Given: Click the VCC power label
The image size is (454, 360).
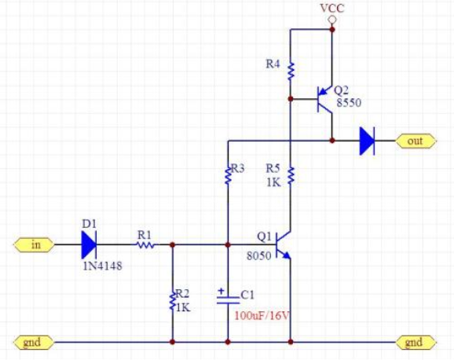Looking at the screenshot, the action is [332, 8].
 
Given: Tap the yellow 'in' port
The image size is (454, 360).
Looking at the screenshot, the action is [34, 245].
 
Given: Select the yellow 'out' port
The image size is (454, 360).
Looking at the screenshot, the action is [416, 141].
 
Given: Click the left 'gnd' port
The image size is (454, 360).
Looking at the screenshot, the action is [34, 343].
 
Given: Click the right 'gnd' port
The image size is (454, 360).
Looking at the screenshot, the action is [416, 343].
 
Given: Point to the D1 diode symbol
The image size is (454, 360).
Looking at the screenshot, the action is [89, 245].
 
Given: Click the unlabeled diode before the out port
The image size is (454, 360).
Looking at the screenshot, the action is [367, 141].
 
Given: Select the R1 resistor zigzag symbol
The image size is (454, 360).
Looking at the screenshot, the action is [145, 245].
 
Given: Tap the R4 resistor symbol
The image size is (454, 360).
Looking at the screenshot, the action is [291, 71].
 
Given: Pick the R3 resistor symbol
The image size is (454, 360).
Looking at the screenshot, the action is [228, 174].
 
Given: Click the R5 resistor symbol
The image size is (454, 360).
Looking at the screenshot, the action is [291, 175].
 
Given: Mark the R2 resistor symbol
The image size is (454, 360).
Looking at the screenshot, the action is [173, 301].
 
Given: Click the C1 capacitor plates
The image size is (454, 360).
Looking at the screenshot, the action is [228, 300].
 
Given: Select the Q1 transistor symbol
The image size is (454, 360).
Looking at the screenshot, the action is [283, 245].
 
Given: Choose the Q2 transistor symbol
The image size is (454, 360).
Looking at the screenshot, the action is [325, 99].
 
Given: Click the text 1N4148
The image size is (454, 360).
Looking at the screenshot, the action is [103, 266].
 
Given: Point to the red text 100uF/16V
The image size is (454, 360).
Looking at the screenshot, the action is [262, 316].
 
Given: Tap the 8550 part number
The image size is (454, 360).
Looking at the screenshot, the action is [349, 103].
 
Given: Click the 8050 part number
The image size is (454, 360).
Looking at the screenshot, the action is [259, 255].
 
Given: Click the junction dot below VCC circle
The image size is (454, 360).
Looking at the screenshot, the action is [332, 30].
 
